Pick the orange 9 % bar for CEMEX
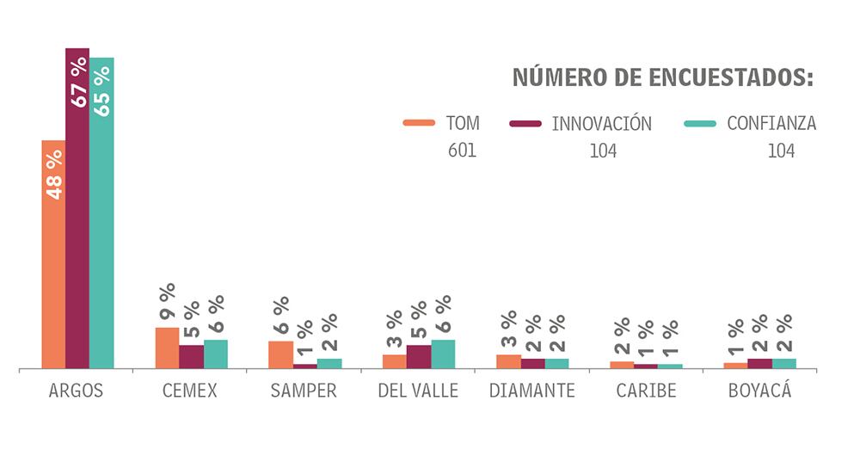[x=167, y=348]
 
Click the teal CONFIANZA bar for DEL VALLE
[x=443, y=354]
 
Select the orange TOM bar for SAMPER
[x=280, y=354]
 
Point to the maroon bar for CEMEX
[x=191, y=356]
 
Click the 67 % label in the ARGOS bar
[x=78, y=83]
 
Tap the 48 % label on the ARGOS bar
[x=54, y=175]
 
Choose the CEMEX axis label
[x=189, y=391]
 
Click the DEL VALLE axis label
[x=418, y=391]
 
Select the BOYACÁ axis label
[x=759, y=391]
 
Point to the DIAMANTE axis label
[x=531, y=391]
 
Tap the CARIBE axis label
[x=646, y=391]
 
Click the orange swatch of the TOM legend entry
[x=419, y=124]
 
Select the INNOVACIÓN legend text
[x=601, y=124]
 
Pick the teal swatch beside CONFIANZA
[x=700, y=124]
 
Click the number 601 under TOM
[x=462, y=151]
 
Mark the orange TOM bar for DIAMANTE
[x=508, y=361]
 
